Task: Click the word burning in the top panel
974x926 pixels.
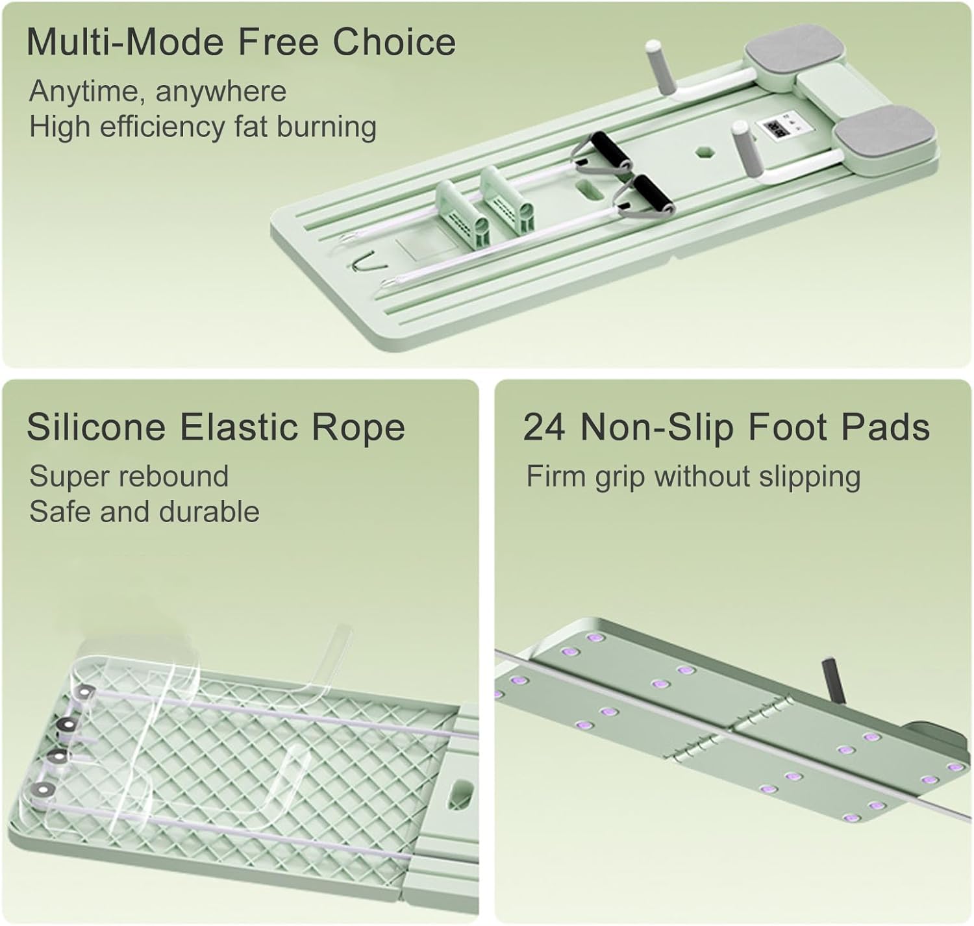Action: coord(327,127)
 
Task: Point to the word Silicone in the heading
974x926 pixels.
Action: coord(96,427)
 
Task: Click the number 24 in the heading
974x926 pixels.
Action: coord(544,427)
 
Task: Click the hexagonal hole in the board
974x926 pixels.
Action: coord(703,153)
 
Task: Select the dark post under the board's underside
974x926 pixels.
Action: coord(834,681)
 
